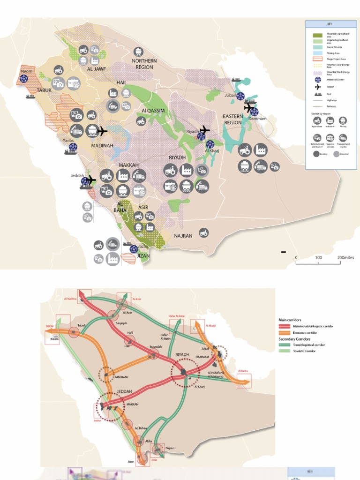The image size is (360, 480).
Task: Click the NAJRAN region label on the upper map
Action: point(183,236)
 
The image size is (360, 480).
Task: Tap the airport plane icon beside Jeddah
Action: point(90,180)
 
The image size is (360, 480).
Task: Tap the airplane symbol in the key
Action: point(318,87)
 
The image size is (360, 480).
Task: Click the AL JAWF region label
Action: point(97,69)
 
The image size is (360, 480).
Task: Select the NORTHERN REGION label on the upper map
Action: point(144,64)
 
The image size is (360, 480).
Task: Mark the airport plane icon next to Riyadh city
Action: point(204,129)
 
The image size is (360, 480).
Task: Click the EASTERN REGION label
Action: point(232,119)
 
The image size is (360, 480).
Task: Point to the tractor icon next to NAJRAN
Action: point(203,232)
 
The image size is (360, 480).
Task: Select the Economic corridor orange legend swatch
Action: point(285,333)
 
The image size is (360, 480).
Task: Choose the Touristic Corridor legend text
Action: point(304,351)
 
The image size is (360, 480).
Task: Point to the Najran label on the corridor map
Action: point(170,448)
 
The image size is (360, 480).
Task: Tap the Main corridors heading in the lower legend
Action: point(291,320)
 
